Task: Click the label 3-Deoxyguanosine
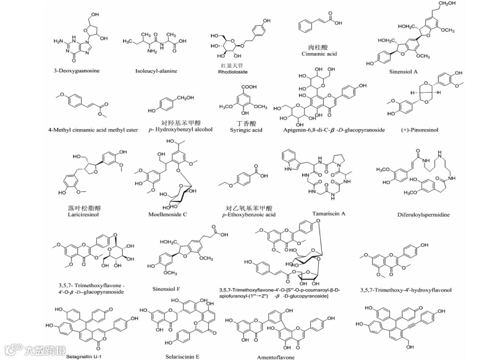77,72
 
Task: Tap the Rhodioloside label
230,72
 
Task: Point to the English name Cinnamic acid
323,54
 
